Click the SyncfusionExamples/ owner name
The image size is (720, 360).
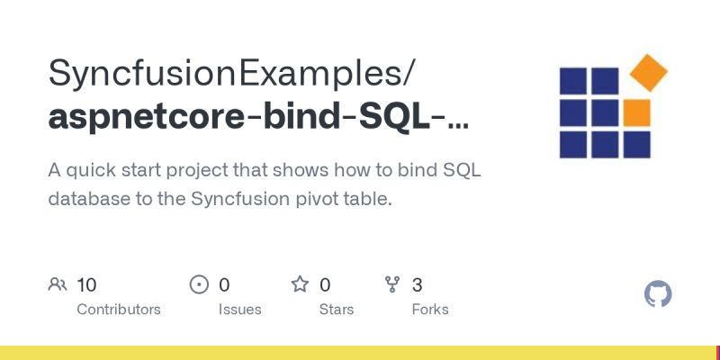coord(231,73)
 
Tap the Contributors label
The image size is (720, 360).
coord(119,309)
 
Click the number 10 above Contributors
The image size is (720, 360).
coord(86,285)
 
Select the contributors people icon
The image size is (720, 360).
coord(58,285)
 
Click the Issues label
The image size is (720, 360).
coord(239,309)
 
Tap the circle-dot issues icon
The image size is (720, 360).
coord(200,285)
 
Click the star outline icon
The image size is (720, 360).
coord(300,285)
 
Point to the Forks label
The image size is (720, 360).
coord(429,309)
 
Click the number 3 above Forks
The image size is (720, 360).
coord(418,285)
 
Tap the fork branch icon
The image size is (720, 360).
coord(392,285)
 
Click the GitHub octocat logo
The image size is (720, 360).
coord(659,294)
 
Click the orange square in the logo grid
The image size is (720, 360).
coord(636,112)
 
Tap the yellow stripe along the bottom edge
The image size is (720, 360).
coord(360,353)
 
